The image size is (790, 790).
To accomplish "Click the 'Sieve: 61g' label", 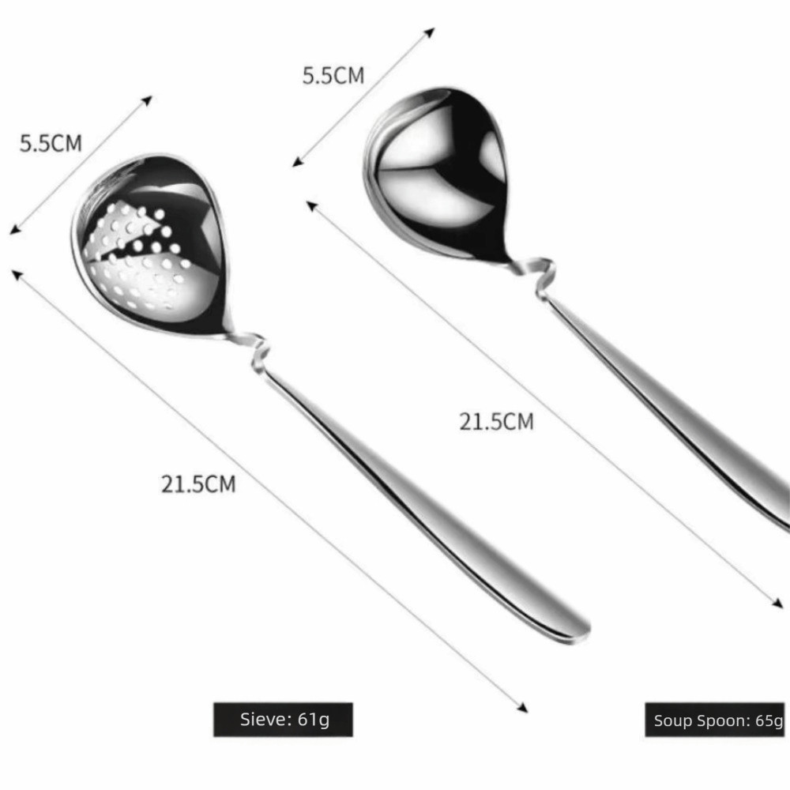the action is point(283,720).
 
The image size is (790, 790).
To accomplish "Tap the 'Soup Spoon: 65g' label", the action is point(716,720).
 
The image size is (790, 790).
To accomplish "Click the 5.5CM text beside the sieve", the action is point(51,144).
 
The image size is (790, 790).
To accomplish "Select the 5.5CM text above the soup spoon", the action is point(333,76).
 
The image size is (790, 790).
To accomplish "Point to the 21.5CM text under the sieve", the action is point(198,484).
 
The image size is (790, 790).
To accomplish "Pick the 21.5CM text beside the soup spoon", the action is point(496,422).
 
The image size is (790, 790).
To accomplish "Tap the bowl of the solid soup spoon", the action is point(436,174).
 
